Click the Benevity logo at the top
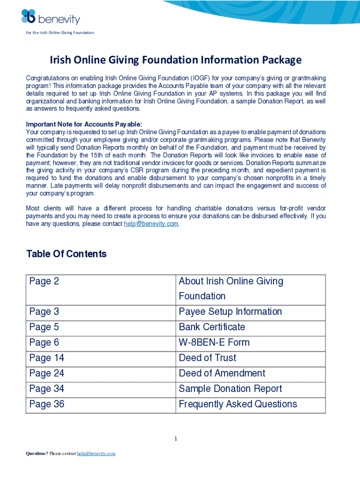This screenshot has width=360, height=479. [x=50, y=17]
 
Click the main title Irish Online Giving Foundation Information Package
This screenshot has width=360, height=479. [x=176, y=60]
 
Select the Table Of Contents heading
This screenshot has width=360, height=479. [x=66, y=254]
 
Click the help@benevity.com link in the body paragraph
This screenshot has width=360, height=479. [x=151, y=224]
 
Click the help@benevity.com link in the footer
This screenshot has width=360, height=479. [x=96, y=454]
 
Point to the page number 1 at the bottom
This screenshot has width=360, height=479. [x=175, y=439]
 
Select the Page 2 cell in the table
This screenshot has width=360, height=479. [x=44, y=281]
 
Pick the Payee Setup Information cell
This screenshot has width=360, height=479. [x=230, y=312]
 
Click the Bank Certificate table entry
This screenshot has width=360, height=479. [x=212, y=327]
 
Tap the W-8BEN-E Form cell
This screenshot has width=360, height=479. [x=214, y=342]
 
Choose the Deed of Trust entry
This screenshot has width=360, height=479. [x=208, y=358]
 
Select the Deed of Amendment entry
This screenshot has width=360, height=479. [x=222, y=373]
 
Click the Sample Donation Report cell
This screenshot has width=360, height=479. [x=230, y=389]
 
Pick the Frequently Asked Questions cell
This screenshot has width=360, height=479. [x=238, y=404]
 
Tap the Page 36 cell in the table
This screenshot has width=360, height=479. [x=47, y=404]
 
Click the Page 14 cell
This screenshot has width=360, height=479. [x=47, y=358]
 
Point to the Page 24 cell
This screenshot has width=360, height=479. [x=47, y=373]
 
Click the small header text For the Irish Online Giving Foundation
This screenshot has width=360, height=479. [x=60, y=33]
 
